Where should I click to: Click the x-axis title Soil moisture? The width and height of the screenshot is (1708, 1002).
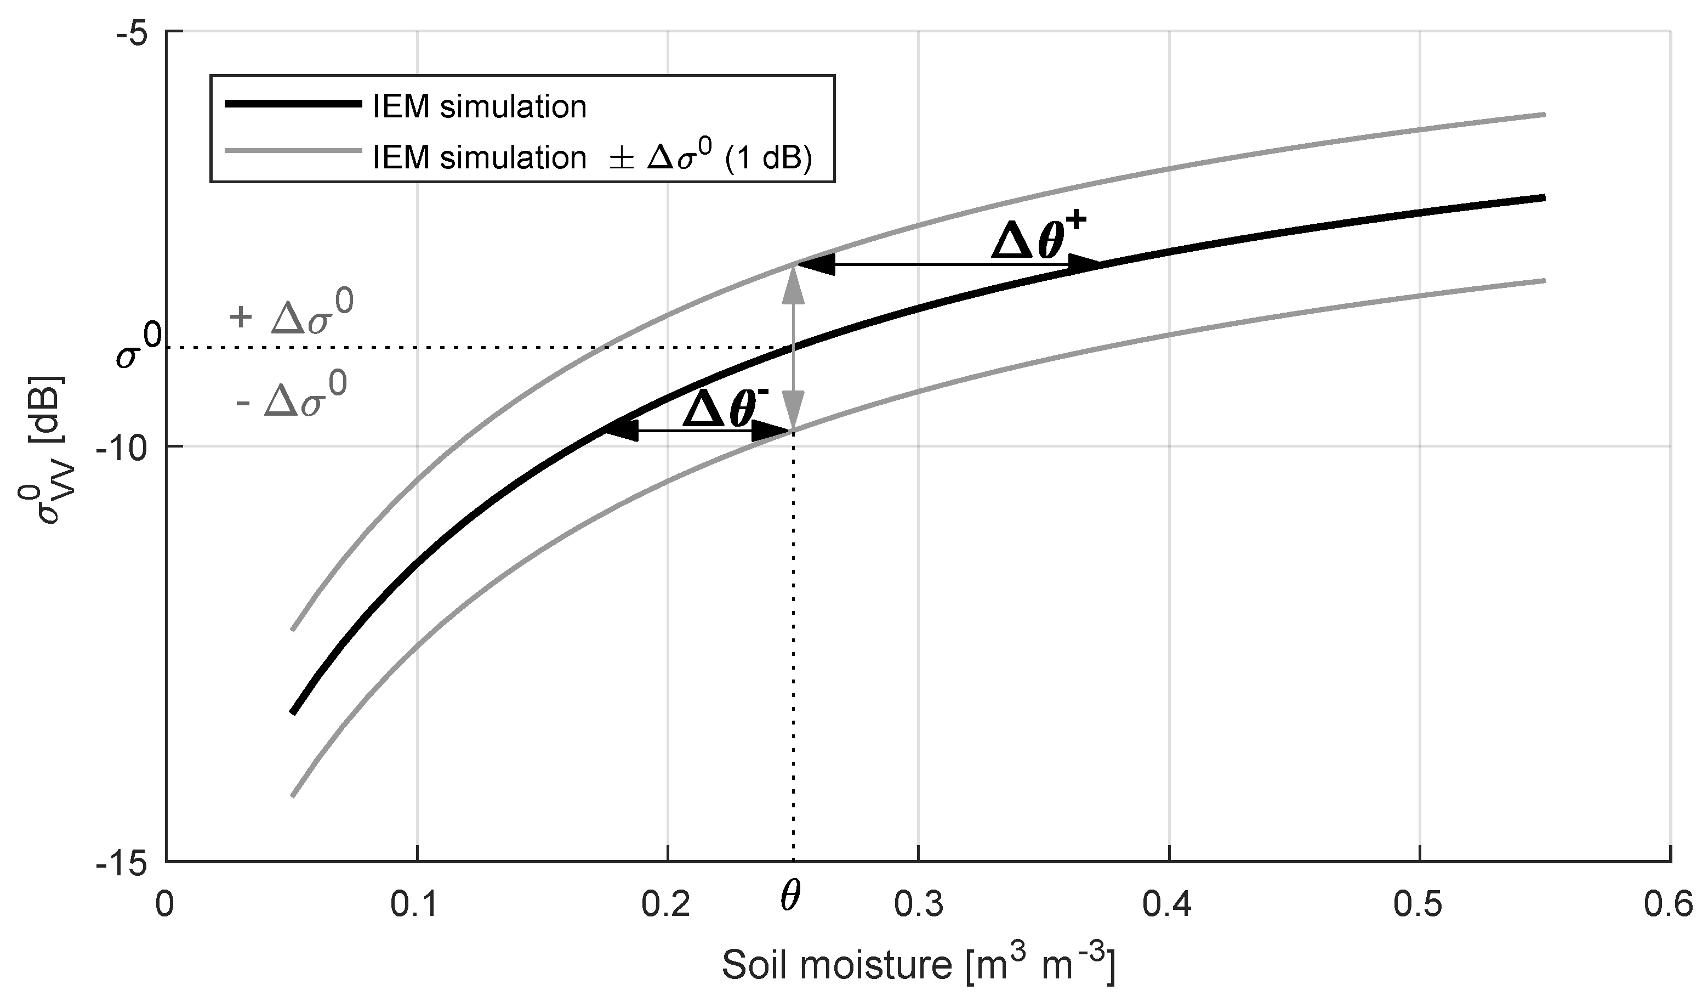point(918,965)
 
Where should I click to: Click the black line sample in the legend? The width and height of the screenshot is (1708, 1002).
point(293,104)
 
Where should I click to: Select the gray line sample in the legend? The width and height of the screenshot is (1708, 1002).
point(293,153)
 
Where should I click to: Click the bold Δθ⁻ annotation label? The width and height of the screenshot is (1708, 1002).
point(725,410)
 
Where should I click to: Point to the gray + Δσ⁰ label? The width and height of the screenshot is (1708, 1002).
point(293,313)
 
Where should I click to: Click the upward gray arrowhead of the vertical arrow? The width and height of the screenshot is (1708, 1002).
point(793,288)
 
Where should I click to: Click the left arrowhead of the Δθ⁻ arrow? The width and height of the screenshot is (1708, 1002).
point(620,431)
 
